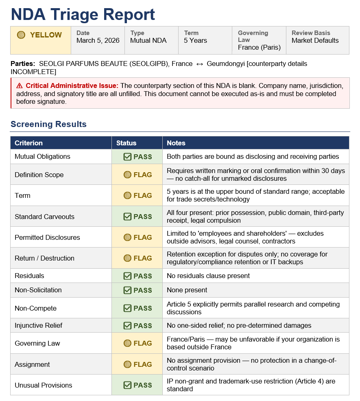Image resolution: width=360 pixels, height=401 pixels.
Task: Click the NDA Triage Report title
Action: click(83, 15)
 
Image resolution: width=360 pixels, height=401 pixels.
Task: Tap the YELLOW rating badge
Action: click(40, 35)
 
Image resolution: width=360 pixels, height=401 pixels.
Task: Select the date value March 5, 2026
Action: click(98, 40)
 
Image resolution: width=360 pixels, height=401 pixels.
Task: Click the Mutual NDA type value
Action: click(148, 40)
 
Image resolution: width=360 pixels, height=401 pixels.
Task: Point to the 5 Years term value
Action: click(195, 40)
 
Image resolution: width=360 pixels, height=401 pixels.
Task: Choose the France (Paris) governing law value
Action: click(259, 47)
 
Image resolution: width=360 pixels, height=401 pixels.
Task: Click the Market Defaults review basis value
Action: click(315, 40)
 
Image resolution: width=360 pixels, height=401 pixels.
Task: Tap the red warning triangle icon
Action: click(20, 85)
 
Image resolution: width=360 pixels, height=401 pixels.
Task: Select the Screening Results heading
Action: click(48, 124)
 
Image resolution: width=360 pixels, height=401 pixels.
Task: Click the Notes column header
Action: click(176, 143)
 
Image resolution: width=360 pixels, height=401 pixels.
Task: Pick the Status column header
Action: click(126, 143)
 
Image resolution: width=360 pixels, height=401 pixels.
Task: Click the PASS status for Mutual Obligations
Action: click(137, 157)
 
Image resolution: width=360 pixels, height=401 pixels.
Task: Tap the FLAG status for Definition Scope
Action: click(137, 175)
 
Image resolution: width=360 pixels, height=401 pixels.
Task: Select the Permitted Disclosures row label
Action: click(47, 237)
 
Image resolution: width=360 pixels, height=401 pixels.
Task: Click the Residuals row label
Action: click(29, 276)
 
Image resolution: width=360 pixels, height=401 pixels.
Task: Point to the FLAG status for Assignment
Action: click(137, 364)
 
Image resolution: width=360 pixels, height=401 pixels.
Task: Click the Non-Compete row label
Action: click(35, 308)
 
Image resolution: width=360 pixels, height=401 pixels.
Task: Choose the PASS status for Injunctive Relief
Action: click(137, 326)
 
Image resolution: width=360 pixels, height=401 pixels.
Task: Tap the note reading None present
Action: click(187, 290)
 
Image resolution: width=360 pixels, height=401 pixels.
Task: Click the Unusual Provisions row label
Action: click(43, 385)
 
